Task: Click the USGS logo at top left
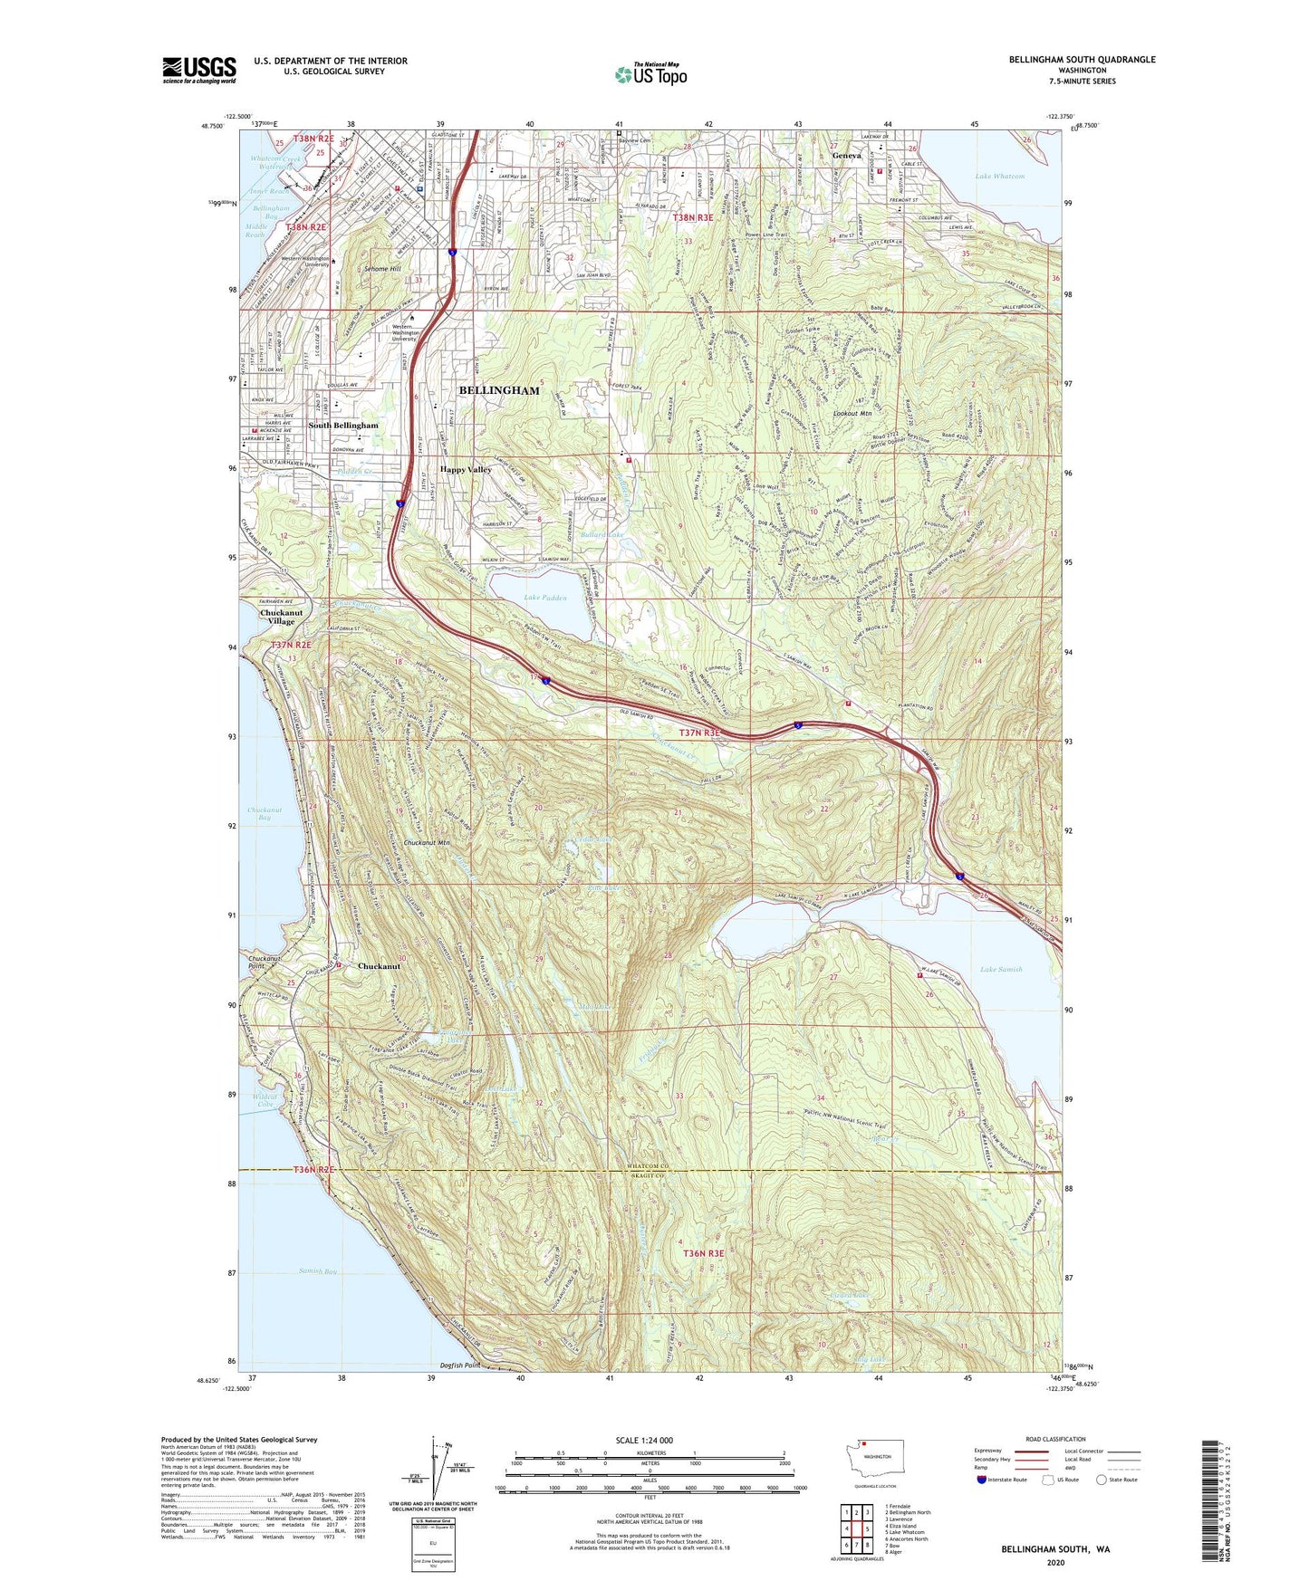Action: tap(198, 70)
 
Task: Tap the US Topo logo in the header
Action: tap(650, 74)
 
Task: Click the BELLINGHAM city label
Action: tap(498, 390)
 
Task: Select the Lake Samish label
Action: tap(1001, 969)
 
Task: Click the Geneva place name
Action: tap(847, 156)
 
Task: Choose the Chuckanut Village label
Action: tap(277, 617)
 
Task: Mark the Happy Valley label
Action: tap(466, 470)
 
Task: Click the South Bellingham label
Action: tap(343, 425)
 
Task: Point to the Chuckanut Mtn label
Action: tap(427, 843)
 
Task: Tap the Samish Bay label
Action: tap(318, 1271)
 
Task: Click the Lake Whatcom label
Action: tap(1000, 177)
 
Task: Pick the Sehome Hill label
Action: tap(382, 269)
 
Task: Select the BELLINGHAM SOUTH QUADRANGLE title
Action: tap(1082, 60)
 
